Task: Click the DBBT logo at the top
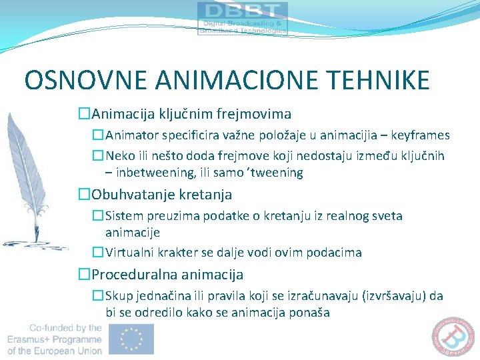(x=243, y=18)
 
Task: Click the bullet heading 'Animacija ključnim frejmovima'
(x=191, y=115)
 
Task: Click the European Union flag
(x=132, y=339)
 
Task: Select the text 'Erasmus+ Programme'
(x=55, y=339)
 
